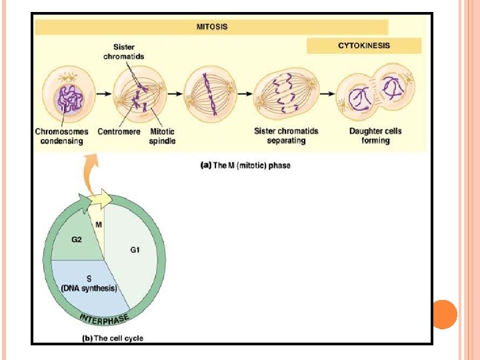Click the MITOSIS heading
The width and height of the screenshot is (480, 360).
point(211,27)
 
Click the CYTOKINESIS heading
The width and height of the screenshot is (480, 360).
point(364,45)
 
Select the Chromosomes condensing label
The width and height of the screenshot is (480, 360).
point(61,136)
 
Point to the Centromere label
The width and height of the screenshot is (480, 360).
point(119,131)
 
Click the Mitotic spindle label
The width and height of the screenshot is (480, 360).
point(162,136)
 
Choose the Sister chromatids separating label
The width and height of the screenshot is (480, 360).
point(285,136)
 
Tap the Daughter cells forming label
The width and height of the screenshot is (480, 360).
point(375,136)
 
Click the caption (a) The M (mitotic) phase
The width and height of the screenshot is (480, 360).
point(245,165)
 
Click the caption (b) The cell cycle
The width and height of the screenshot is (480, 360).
point(112,338)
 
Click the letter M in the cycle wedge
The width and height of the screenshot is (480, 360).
point(99,224)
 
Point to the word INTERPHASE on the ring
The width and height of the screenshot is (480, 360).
point(105,318)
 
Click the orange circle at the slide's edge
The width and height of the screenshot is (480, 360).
point(444,314)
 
